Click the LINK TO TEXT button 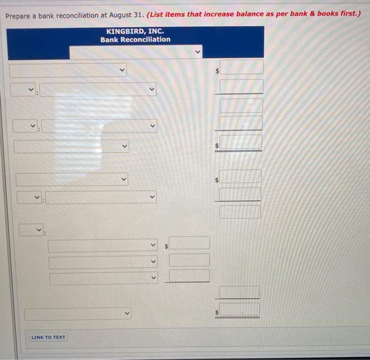pos(48,337)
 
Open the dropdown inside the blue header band pos(136,52)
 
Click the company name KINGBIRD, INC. pos(135,31)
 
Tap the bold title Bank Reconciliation pos(135,40)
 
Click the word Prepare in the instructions pos(20,15)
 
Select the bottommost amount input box pos(240,310)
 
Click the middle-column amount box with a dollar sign pos(189,243)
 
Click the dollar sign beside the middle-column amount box pos(166,246)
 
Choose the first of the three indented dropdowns pos(103,245)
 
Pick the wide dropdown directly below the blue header pos(68,70)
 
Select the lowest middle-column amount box pos(189,276)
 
